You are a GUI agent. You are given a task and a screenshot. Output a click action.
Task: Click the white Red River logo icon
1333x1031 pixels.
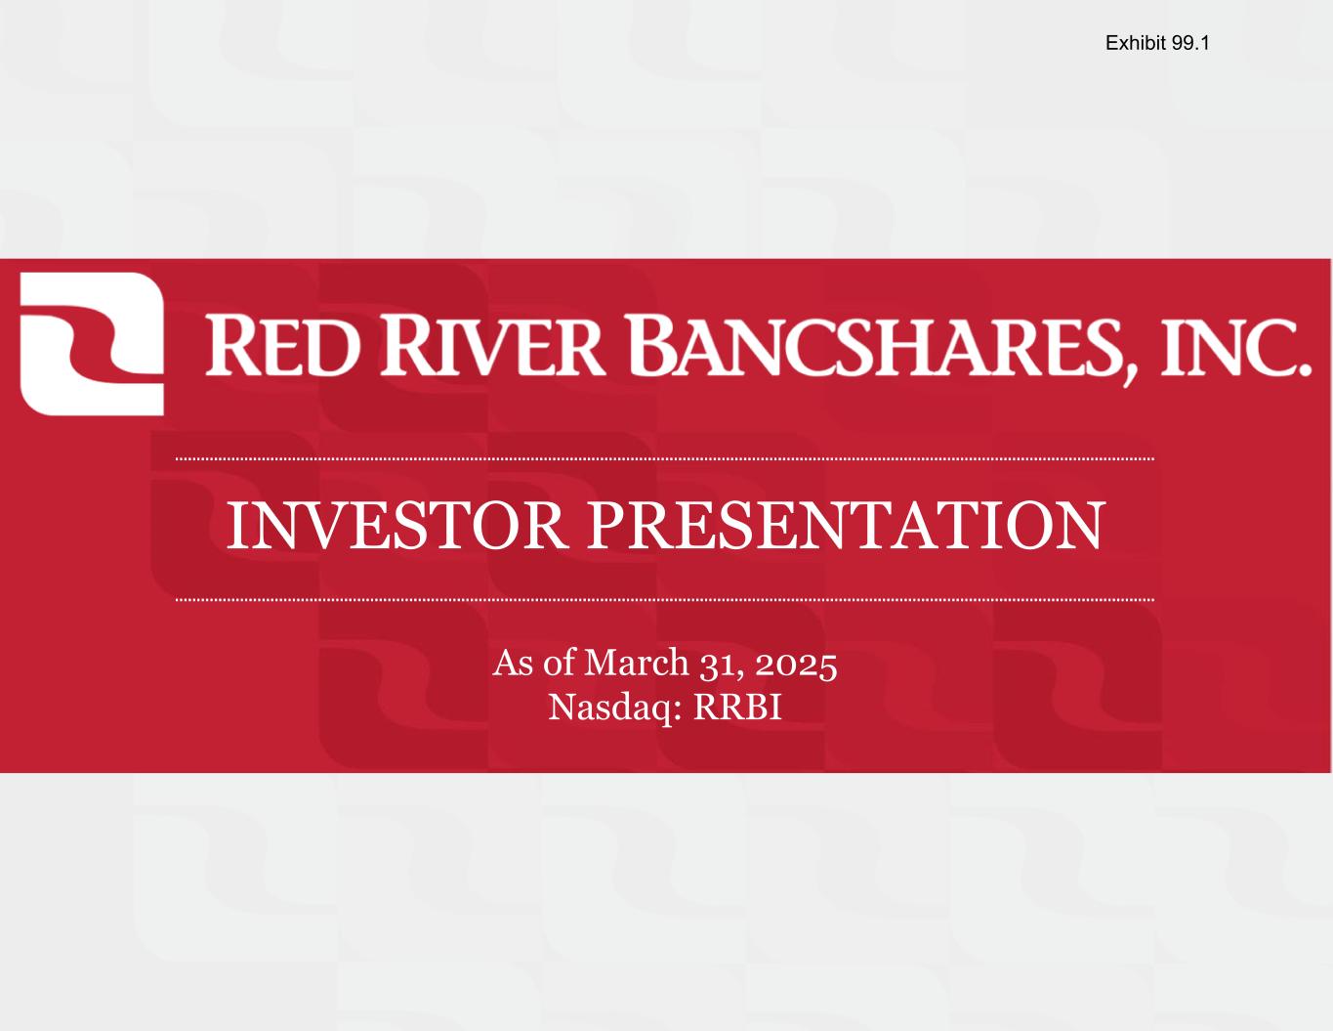pos(92,344)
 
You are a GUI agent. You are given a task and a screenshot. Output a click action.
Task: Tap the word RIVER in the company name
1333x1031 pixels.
pos(492,346)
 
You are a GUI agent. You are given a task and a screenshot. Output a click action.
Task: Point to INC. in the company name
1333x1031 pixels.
pos(1236,347)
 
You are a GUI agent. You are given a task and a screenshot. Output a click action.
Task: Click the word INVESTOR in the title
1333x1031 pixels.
pos(396,526)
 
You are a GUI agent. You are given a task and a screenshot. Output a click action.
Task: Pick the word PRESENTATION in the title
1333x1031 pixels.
pos(847,526)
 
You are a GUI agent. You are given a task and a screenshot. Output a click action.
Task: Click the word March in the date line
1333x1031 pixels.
pos(636,663)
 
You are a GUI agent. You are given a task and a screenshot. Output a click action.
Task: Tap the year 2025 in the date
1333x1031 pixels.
pos(796,664)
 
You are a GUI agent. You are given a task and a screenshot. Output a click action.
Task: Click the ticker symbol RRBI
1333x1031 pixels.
pos(737,708)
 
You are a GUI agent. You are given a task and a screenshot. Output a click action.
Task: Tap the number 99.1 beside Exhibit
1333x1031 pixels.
pos(1189,43)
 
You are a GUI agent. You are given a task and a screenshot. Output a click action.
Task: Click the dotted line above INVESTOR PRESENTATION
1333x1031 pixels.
pos(665,458)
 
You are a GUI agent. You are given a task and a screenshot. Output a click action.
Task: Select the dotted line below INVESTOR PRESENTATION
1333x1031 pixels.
pos(665,600)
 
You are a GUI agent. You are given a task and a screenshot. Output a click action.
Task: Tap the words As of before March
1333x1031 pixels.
pos(534,663)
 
